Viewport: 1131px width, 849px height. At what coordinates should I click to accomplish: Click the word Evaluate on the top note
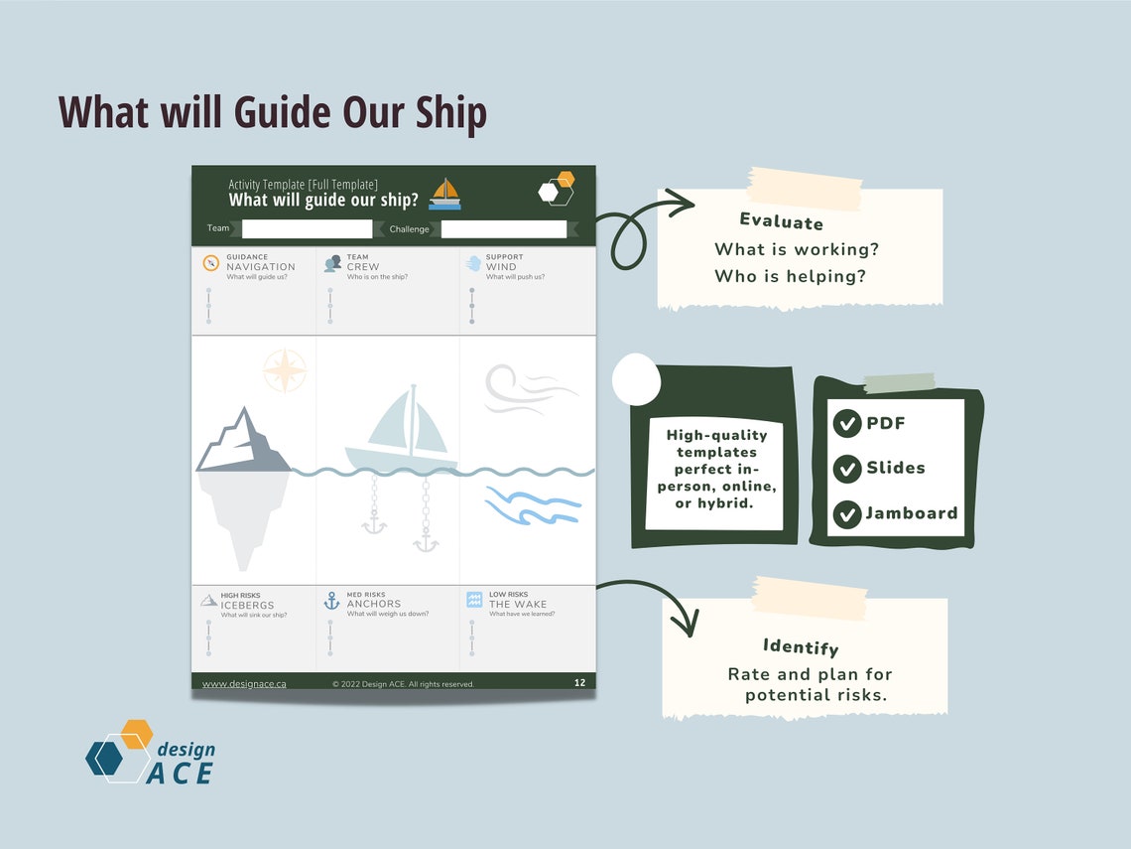[781, 221]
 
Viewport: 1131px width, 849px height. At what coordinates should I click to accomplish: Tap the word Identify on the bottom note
[801, 646]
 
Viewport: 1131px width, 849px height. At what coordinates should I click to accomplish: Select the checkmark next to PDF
[846, 424]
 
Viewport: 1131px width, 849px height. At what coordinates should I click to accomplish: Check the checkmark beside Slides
[846, 469]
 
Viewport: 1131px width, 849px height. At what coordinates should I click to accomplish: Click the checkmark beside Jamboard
[846, 514]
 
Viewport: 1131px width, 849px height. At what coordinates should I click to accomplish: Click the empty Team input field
[307, 229]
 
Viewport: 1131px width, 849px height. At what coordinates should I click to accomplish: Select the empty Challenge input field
[503, 229]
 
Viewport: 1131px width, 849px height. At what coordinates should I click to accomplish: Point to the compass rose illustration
[285, 371]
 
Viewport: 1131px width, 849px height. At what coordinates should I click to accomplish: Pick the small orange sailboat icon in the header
[445, 194]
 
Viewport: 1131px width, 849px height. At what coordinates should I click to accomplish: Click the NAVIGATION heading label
[261, 267]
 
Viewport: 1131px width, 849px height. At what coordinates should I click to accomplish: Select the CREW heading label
[362, 267]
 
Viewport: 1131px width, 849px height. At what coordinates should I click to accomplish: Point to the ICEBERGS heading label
[247, 605]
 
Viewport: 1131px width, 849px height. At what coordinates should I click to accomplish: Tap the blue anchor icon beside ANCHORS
[331, 601]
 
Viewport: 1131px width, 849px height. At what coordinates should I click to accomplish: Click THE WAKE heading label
[517, 604]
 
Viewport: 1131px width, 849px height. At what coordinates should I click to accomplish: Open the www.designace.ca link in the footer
[244, 683]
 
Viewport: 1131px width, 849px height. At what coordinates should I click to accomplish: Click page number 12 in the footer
[579, 682]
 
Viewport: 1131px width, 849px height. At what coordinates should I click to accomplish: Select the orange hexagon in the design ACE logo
[137, 735]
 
